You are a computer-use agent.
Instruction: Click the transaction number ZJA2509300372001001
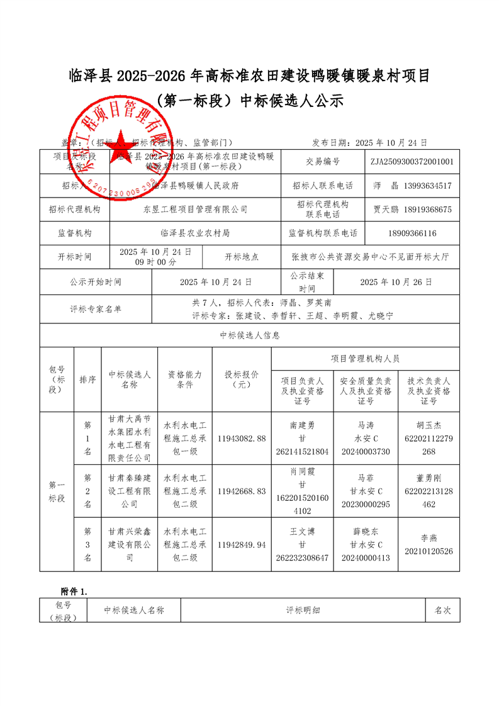click(x=412, y=161)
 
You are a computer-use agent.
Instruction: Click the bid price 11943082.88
click(x=242, y=438)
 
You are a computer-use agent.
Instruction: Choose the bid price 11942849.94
click(x=242, y=544)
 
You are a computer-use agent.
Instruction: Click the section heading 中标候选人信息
click(x=250, y=335)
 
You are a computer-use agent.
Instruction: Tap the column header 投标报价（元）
click(x=242, y=379)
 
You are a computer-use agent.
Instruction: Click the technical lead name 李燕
click(x=429, y=538)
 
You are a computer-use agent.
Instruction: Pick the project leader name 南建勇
click(x=302, y=425)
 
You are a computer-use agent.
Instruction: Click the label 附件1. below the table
click(x=74, y=591)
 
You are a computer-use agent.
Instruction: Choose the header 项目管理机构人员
click(x=365, y=359)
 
